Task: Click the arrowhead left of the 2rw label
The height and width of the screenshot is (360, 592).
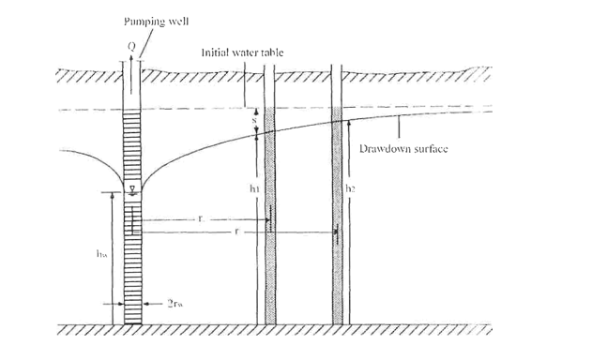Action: (156, 304)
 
